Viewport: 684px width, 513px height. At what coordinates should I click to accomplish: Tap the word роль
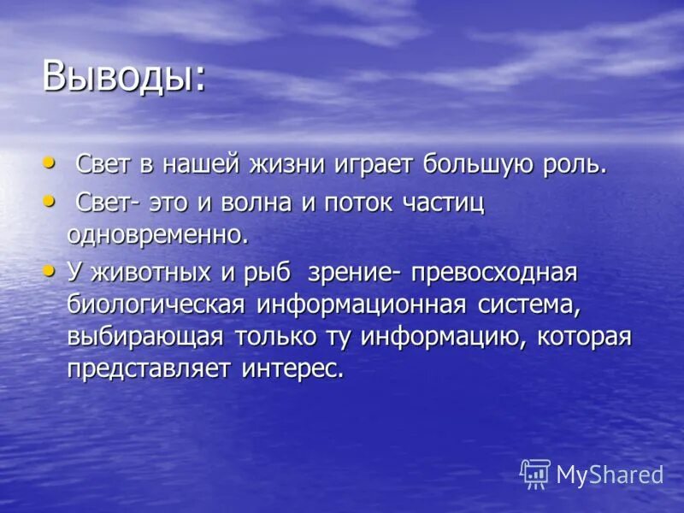coord(581,163)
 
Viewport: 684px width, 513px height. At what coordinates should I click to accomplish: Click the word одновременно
coord(157,234)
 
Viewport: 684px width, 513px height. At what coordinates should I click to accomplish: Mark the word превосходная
coord(494,274)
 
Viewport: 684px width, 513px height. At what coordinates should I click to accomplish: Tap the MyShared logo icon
coord(534,472)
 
